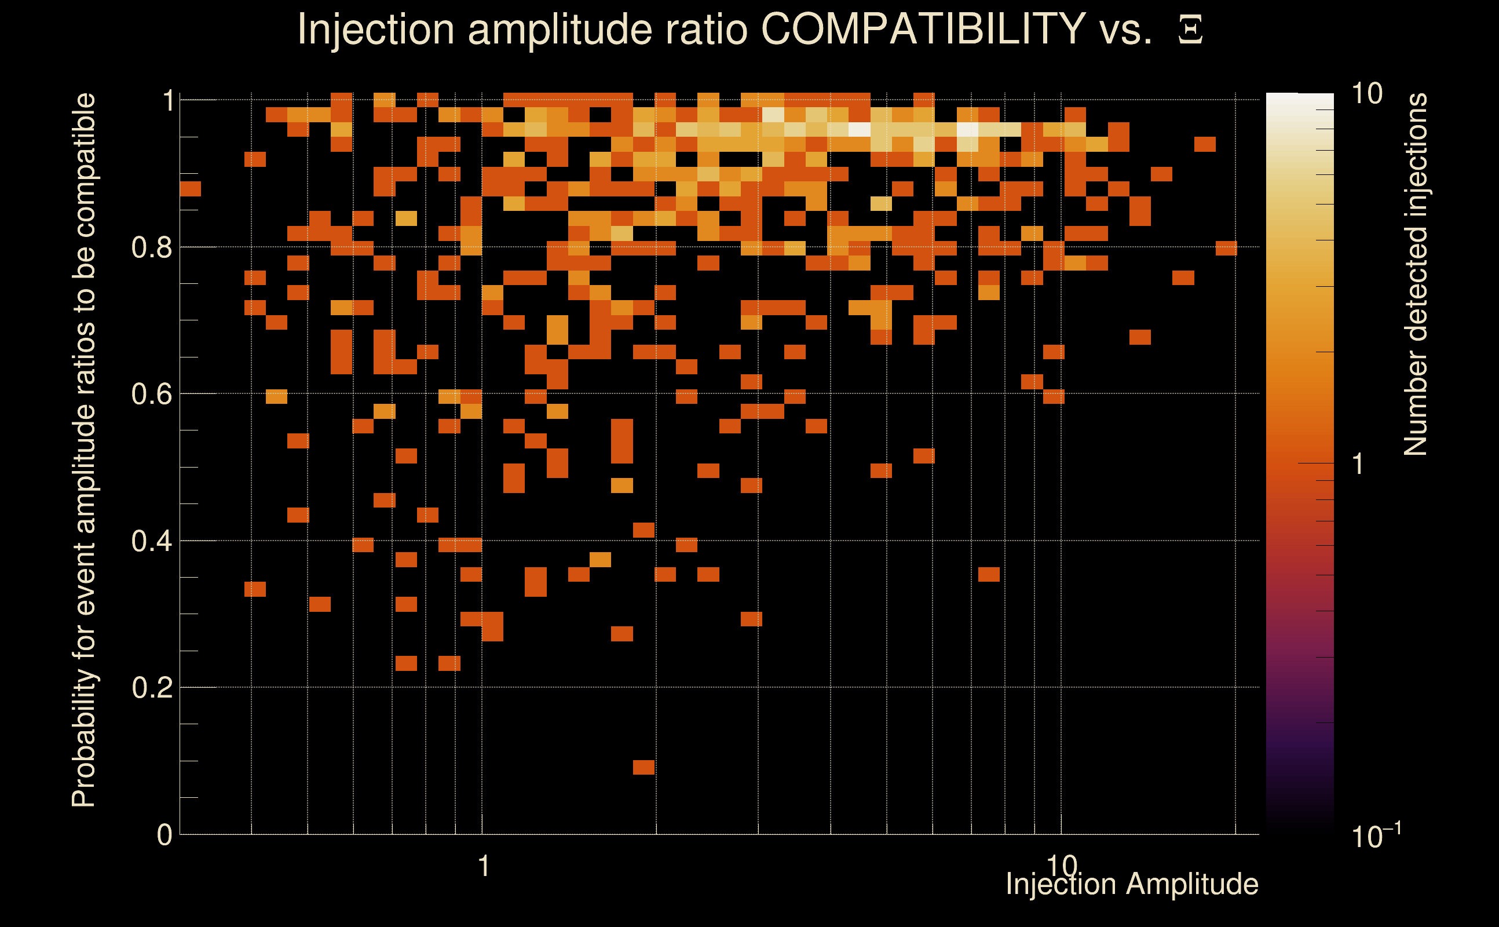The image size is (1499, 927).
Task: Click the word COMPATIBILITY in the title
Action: click(923, 29)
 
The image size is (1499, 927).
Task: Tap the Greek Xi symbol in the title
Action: click(1190, 30)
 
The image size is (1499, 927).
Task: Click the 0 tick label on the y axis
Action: click(164, 835)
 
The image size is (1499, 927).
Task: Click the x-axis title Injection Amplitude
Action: click(1132, 884)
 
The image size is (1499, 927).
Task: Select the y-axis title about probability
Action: click(84, 450)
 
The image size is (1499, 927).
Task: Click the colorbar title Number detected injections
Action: click(1415, 275)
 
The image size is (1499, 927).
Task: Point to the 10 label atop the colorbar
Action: click(1366, 94)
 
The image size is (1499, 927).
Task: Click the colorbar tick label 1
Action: click(1358, 465)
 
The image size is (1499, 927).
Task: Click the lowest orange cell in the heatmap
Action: click(644, 767)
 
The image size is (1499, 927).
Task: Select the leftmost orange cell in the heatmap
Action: click(190, 189)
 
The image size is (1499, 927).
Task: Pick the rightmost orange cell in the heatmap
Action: click(1226, 248)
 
